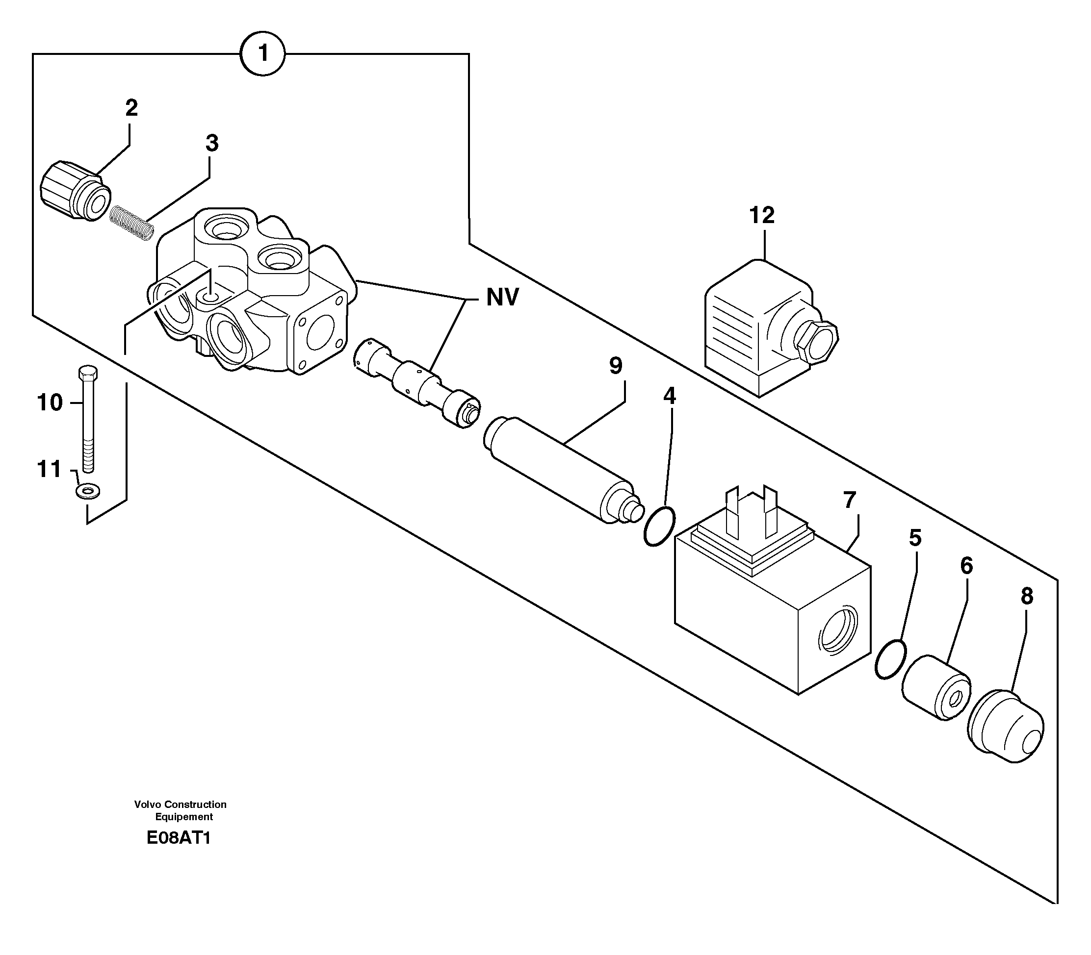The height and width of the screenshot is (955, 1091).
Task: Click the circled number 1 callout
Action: click(x=262, y=54)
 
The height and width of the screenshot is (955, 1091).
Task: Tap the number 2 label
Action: click(x=131, y=108)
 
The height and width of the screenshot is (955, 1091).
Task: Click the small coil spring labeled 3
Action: click(x=132, y=223)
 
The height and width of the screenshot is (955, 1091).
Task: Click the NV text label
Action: click(x=502, y=298)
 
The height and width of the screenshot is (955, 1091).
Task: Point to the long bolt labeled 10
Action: click(x=88, y=418)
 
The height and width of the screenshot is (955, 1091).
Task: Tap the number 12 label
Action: click(x=761, y=215)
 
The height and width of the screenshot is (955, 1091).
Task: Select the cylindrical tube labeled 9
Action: click(x=560, y=471)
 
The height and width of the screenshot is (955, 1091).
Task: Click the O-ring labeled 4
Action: click(x=659, y=527)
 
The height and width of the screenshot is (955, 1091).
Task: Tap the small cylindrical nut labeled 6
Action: click(x=936, y=689)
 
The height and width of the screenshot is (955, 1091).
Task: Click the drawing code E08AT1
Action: click(x=179, y=838)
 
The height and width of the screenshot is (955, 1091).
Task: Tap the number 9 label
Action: click(x=615, y=366)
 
